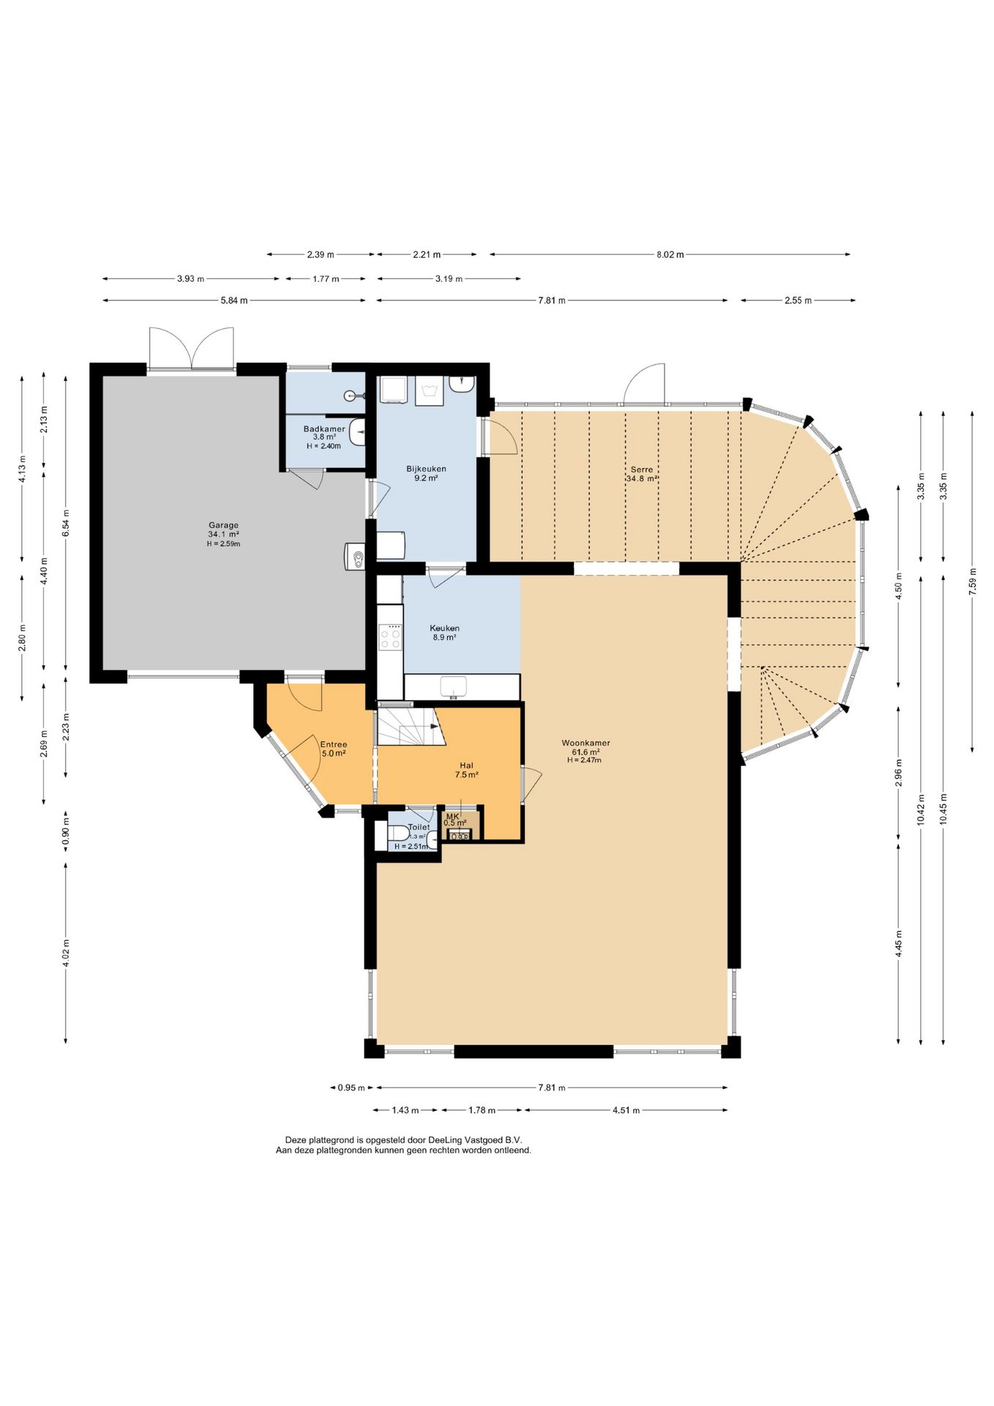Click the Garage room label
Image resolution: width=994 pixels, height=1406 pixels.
coord(223,525)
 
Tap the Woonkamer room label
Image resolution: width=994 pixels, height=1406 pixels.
coord(586,743)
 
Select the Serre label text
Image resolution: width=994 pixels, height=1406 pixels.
coord(641,469)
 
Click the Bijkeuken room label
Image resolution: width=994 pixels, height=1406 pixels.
coord(426,469)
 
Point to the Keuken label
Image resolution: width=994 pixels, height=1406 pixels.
coord(444,628)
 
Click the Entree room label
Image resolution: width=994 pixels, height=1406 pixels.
coord(333,744)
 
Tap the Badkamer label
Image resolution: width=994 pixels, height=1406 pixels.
coord(324,428)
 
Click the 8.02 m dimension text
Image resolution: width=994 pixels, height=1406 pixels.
coord(670,254)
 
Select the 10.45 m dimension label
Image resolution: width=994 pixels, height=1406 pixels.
coord(943,809)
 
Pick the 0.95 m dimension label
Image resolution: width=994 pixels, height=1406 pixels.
coord(351,1087)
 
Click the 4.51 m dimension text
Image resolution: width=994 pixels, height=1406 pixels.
coord(626,1110)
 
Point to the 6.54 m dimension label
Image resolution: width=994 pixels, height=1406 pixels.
coord(66,523)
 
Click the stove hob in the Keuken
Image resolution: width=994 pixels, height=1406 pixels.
coord(390,636)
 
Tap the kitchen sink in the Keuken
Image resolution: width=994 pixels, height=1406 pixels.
coord(454,686)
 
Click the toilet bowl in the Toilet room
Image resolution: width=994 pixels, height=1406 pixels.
coord(399,833)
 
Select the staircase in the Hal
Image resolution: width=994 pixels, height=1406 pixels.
coord(411,726)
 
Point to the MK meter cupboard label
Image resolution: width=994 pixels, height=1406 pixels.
coord(452,816)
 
